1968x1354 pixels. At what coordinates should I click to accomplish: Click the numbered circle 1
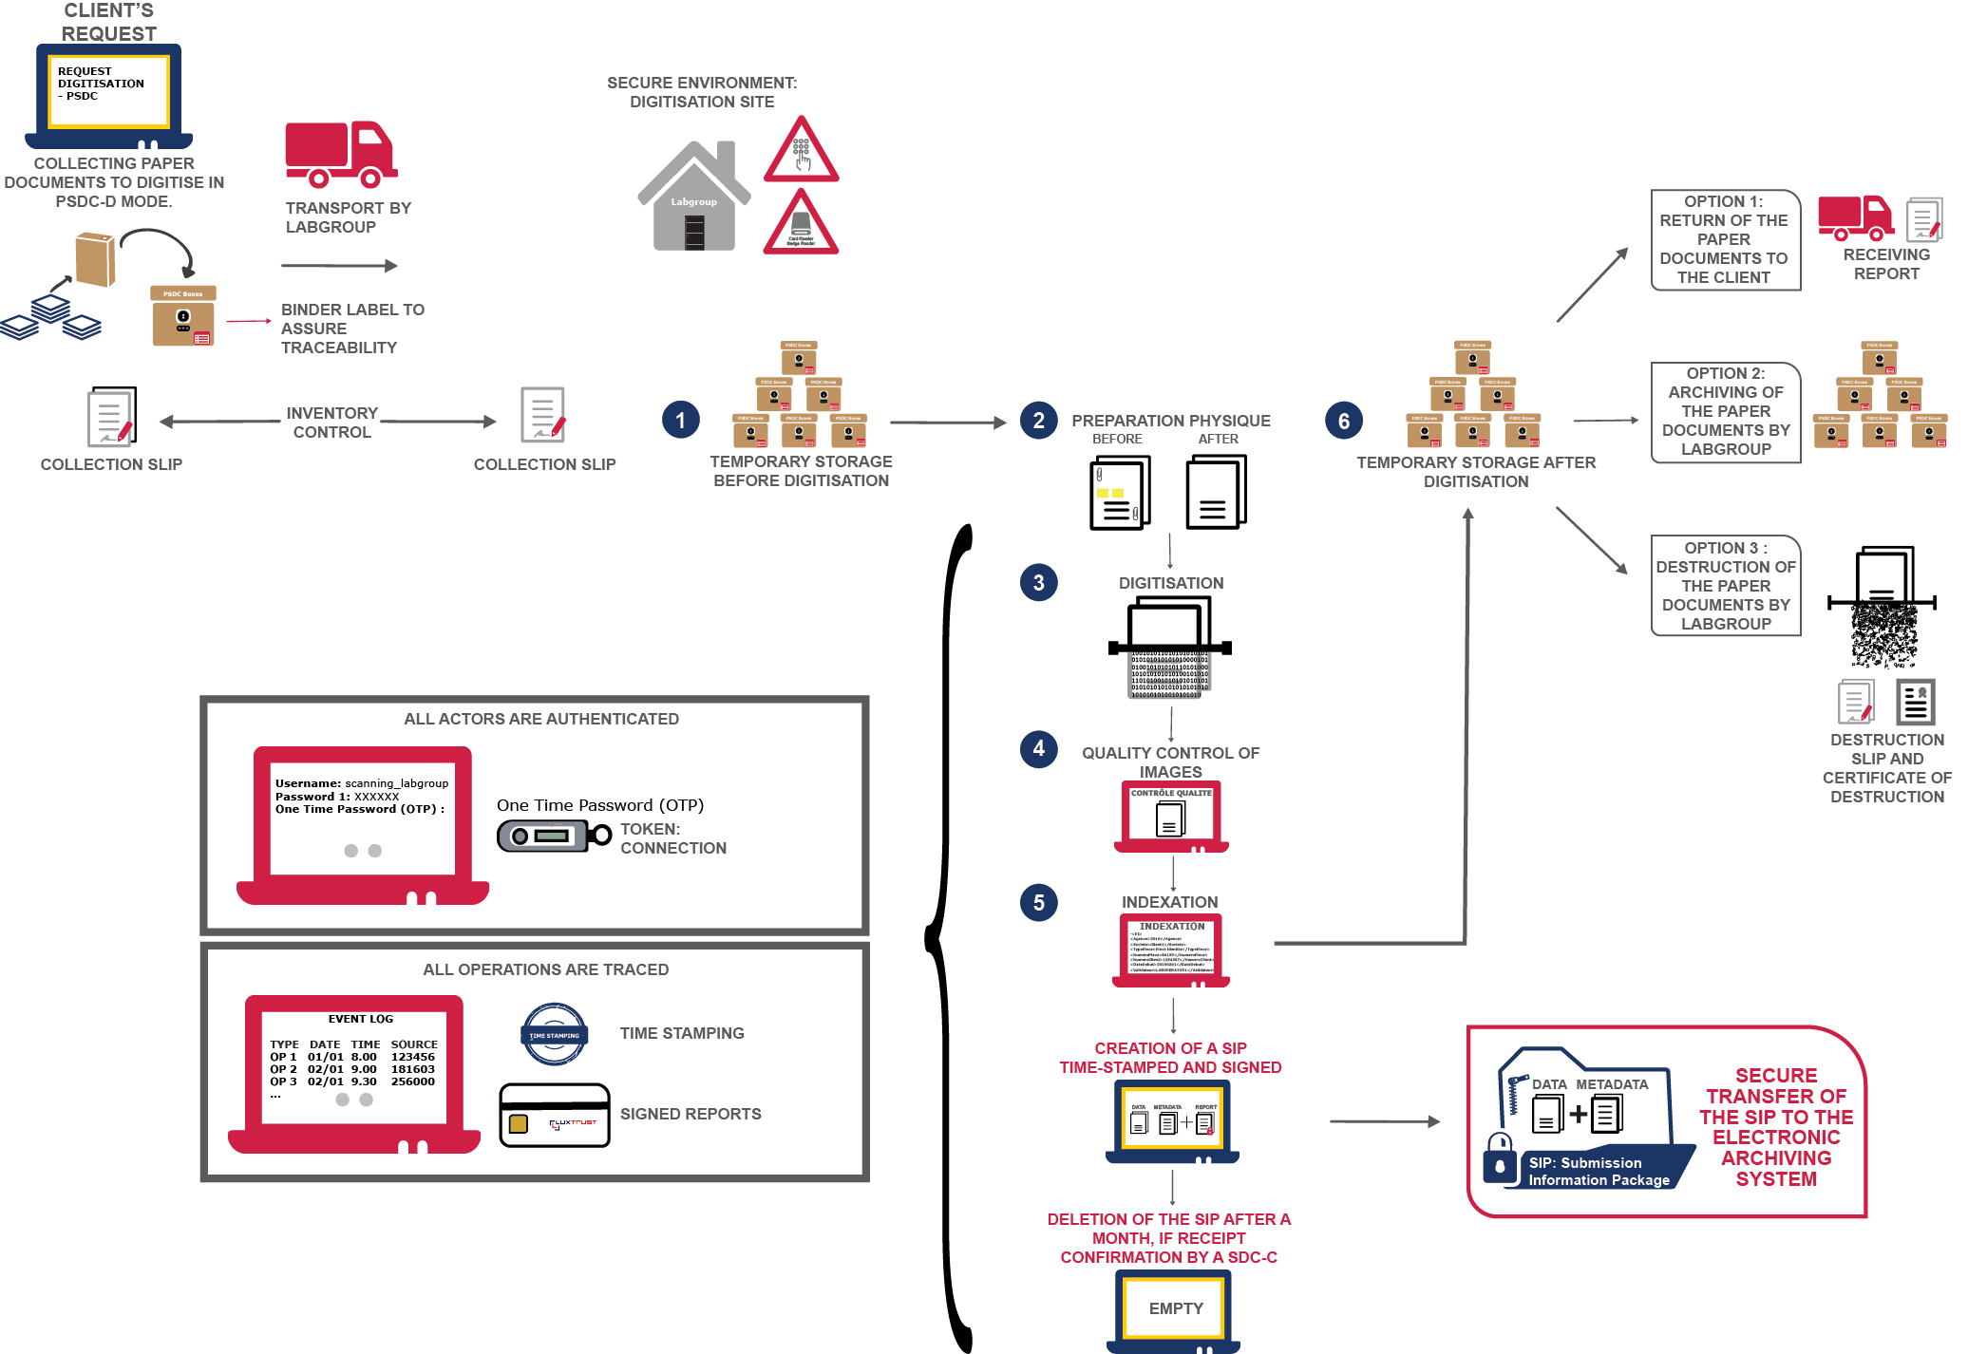point(680,420)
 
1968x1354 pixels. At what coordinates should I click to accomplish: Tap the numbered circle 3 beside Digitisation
point(1038,583)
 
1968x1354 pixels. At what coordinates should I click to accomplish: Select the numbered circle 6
point(1343,421)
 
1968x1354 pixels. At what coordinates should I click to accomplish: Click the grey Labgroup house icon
point(694,198)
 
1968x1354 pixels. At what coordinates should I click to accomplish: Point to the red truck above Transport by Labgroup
point(341,154)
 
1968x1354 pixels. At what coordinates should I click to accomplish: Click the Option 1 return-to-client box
point(1724,239)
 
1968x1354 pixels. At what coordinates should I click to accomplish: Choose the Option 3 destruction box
point(1725,585)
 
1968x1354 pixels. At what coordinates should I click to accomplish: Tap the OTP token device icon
point(554,836)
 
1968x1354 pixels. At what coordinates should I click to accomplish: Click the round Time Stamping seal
point(555,1034)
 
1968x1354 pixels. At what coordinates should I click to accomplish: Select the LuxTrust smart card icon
point(555,1116)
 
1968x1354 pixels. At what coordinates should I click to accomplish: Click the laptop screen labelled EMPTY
point(1175,1308)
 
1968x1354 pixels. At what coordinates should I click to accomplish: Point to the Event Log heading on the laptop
point(360,1019)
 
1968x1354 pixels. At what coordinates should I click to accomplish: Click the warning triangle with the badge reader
point(801,224)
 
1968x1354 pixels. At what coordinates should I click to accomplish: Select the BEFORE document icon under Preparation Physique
point(1120,493)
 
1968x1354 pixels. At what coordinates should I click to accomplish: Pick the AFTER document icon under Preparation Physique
point(1216,493)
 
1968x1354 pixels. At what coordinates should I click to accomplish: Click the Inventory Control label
point(331,423)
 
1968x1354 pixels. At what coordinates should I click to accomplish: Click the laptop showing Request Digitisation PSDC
point(109,93)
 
